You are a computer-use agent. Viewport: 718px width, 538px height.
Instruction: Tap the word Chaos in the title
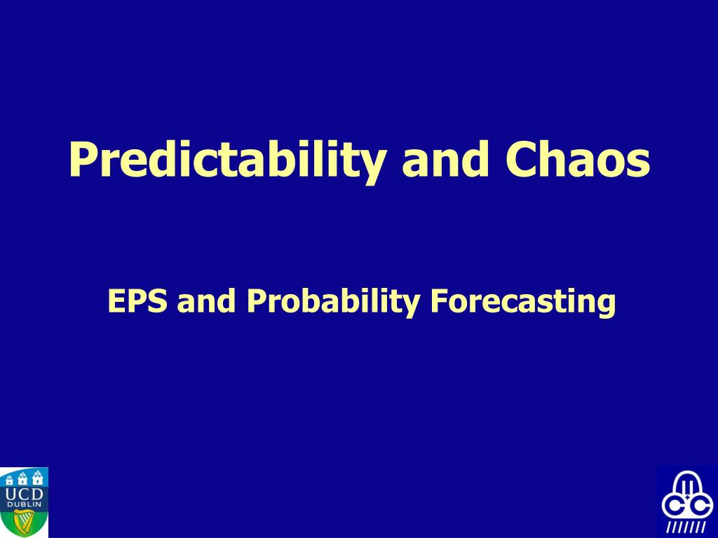578,158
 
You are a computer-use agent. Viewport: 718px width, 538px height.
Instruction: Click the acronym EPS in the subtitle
137,301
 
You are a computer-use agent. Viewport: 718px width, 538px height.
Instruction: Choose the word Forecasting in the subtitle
522,302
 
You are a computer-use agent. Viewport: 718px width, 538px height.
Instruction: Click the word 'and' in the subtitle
207,301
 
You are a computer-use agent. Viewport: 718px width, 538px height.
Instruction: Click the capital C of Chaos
521,158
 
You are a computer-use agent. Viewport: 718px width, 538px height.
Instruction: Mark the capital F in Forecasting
439,301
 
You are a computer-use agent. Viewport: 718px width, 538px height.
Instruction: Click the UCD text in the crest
24,494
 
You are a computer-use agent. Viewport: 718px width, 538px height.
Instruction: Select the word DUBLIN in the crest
24,504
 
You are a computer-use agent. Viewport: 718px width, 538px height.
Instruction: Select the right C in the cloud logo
701,506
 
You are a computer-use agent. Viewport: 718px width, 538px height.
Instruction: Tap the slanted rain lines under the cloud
686,527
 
